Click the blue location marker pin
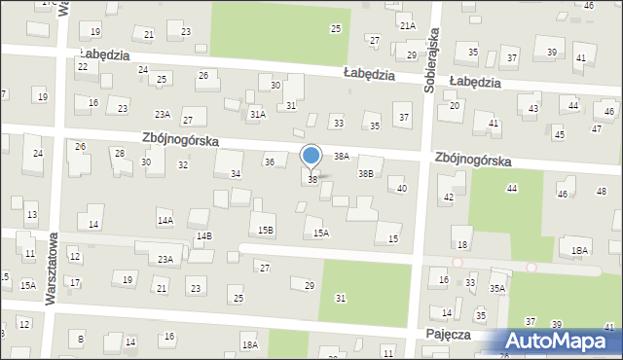click(x=311, y=157)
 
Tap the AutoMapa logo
click(x=560, y=342)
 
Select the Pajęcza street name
click(x=449, y=334)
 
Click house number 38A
click(x=342, y=155)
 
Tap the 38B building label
click(x=365, y=173)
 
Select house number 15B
click(x=265, y=230)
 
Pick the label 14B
click(x=203, y=236)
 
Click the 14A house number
click(x=165, y=221)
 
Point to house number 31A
click(x=257, y=114)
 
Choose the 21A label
click(x=408, y=26)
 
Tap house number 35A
click(x=497, y=288)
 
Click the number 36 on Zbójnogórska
click(x=270, y=162)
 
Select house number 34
click(x=235, y=173)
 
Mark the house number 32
click(x=182, y=164)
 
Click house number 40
click(x=402, y=188)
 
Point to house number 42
click(x=449, y=198)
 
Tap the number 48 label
click(x=601, y=190)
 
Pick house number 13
click(x=31, y=214)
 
